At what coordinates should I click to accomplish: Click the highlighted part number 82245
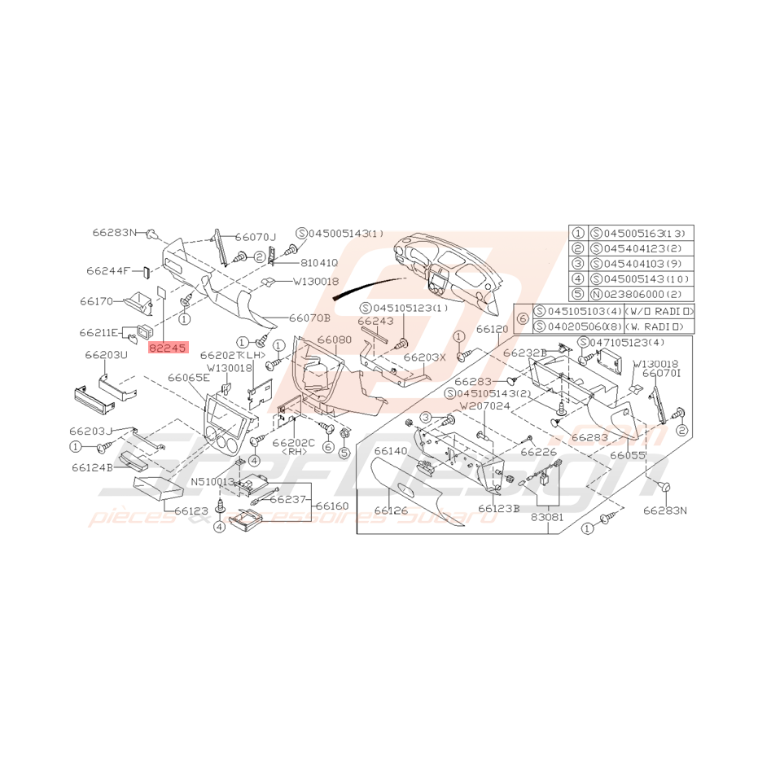point(168,347)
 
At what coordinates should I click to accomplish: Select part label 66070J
point(256,236)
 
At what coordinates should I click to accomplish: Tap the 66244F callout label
point(108,270)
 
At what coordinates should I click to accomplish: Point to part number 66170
point(97,301)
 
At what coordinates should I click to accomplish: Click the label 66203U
point(107,355)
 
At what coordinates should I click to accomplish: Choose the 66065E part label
point(189,378)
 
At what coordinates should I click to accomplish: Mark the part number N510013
point(213,482)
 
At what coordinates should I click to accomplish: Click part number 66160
point(331,506)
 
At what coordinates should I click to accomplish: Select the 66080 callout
point(334,340)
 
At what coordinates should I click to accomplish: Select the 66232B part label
point(524,353)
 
